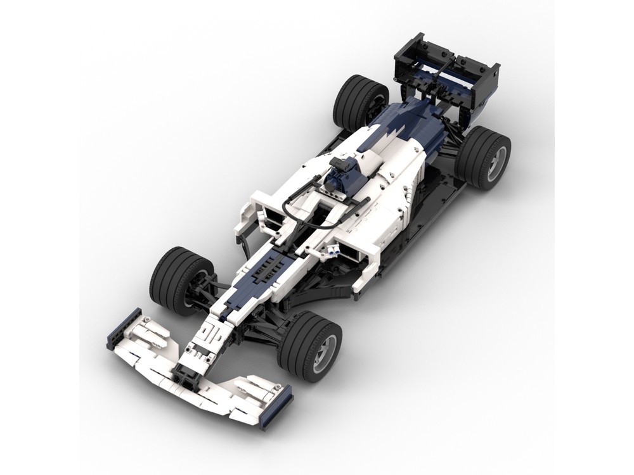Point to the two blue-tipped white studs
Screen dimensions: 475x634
332,252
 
